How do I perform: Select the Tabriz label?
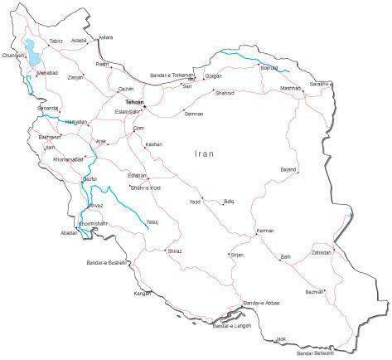[x=56, y=41]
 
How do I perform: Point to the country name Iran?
[x=205, y=153]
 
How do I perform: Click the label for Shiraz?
[x=174, y=250]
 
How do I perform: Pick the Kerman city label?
[x=265, y=231]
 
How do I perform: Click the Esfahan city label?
[x=137, y=176]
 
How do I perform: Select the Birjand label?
[x=288, y=168]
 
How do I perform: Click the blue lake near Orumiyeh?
[x=33, y=54]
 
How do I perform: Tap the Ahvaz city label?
[x=95, y=206]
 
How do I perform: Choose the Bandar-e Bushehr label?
[x=105, y=262]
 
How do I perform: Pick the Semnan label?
[x=194, y=114]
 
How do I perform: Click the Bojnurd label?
[x=269, y=68]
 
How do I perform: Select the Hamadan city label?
[x=75, y=121]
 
